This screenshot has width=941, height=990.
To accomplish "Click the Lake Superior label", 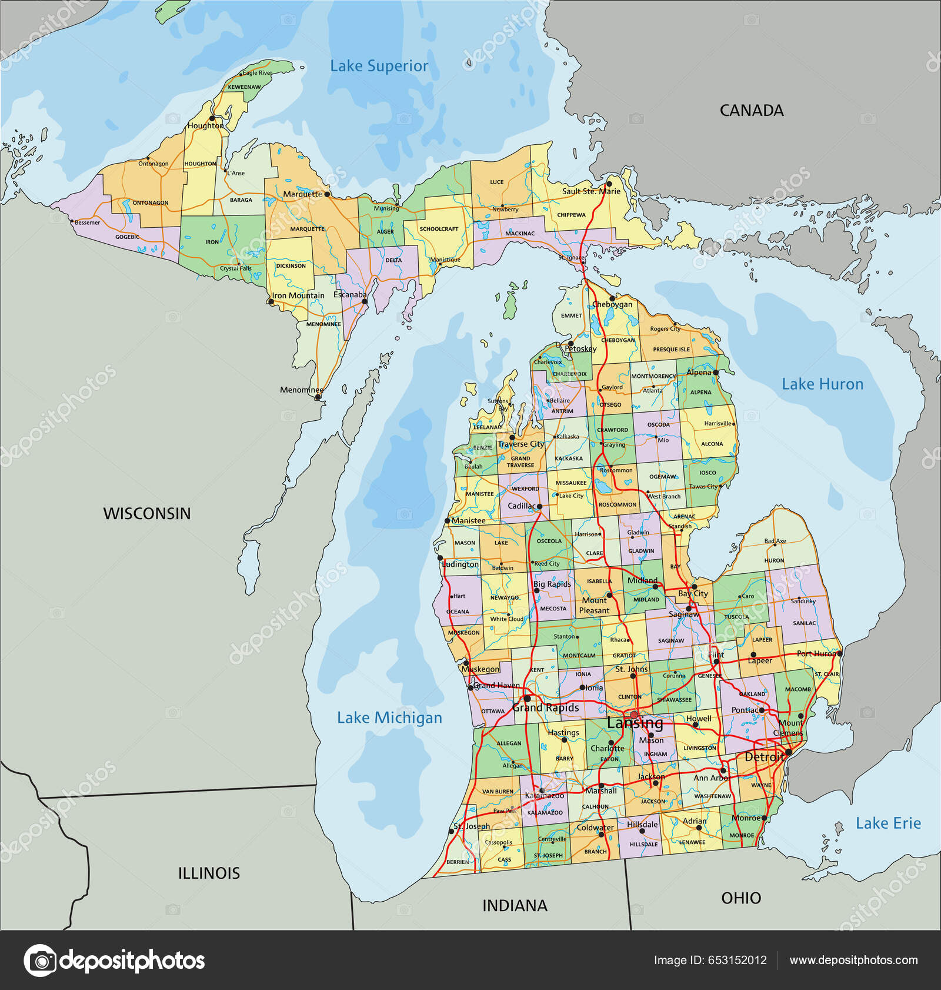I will pos(379,66).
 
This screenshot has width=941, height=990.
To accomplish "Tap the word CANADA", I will pos(751,111).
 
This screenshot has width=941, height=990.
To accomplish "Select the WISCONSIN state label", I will pos(147,513).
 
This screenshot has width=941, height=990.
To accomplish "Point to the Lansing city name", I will pos(635,723).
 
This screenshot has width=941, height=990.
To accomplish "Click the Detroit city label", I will pos(763,757).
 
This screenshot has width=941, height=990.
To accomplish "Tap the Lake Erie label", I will pos(887,823).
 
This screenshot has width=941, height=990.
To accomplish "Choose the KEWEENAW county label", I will pos(244,87).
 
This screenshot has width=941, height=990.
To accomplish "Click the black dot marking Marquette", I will pos(327,194).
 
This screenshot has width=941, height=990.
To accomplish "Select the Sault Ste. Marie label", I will pos(590,191).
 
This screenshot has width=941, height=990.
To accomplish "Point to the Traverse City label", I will pos(521,444).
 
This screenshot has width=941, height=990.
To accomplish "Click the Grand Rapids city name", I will pos(545,708).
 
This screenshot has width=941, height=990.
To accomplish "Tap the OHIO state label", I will pos(741,898).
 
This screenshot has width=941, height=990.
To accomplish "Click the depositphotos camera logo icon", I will pos(40,961).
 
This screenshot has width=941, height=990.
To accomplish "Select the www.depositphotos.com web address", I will pos(853,960).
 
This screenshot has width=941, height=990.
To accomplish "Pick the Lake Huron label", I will pos(822,384).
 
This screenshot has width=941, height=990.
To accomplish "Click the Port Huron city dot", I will pos(839,653).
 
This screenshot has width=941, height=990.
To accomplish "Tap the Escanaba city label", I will pos(349,294).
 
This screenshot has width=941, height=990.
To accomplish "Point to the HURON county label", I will pos(774,560).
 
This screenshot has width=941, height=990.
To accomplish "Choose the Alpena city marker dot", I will pos(716,373).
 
